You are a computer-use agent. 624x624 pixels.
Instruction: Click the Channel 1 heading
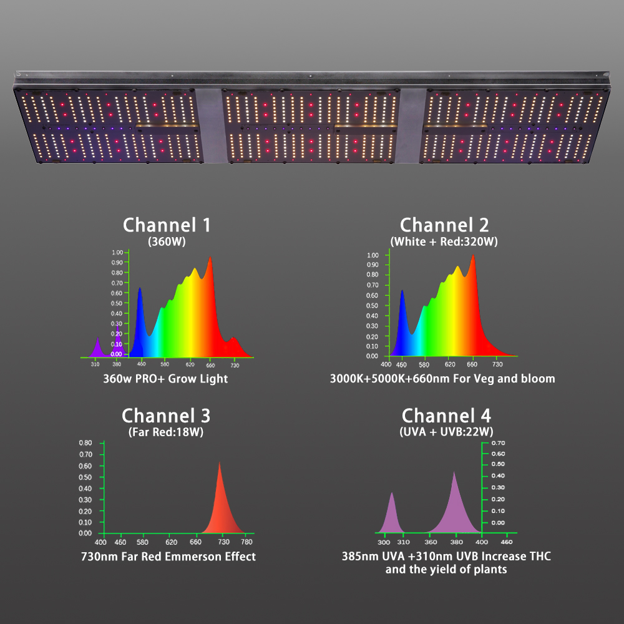point(167,225)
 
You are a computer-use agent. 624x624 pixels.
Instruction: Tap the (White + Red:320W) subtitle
point(444,241)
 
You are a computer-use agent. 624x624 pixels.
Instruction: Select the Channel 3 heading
point(166,416)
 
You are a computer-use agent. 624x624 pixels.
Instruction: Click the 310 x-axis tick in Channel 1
point(95,363)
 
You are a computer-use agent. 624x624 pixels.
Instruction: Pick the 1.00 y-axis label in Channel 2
point(372,255)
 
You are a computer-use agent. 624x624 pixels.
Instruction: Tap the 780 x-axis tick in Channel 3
point(247,542)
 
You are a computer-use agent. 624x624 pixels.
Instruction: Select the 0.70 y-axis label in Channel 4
point(497,443)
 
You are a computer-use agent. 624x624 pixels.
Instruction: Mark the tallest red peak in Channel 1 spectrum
point(210,259)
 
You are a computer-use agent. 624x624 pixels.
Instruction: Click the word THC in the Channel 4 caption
point(538,556)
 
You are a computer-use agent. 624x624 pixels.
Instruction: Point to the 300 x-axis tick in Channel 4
point(383,535)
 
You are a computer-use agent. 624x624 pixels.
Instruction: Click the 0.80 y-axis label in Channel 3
point(85,443)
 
